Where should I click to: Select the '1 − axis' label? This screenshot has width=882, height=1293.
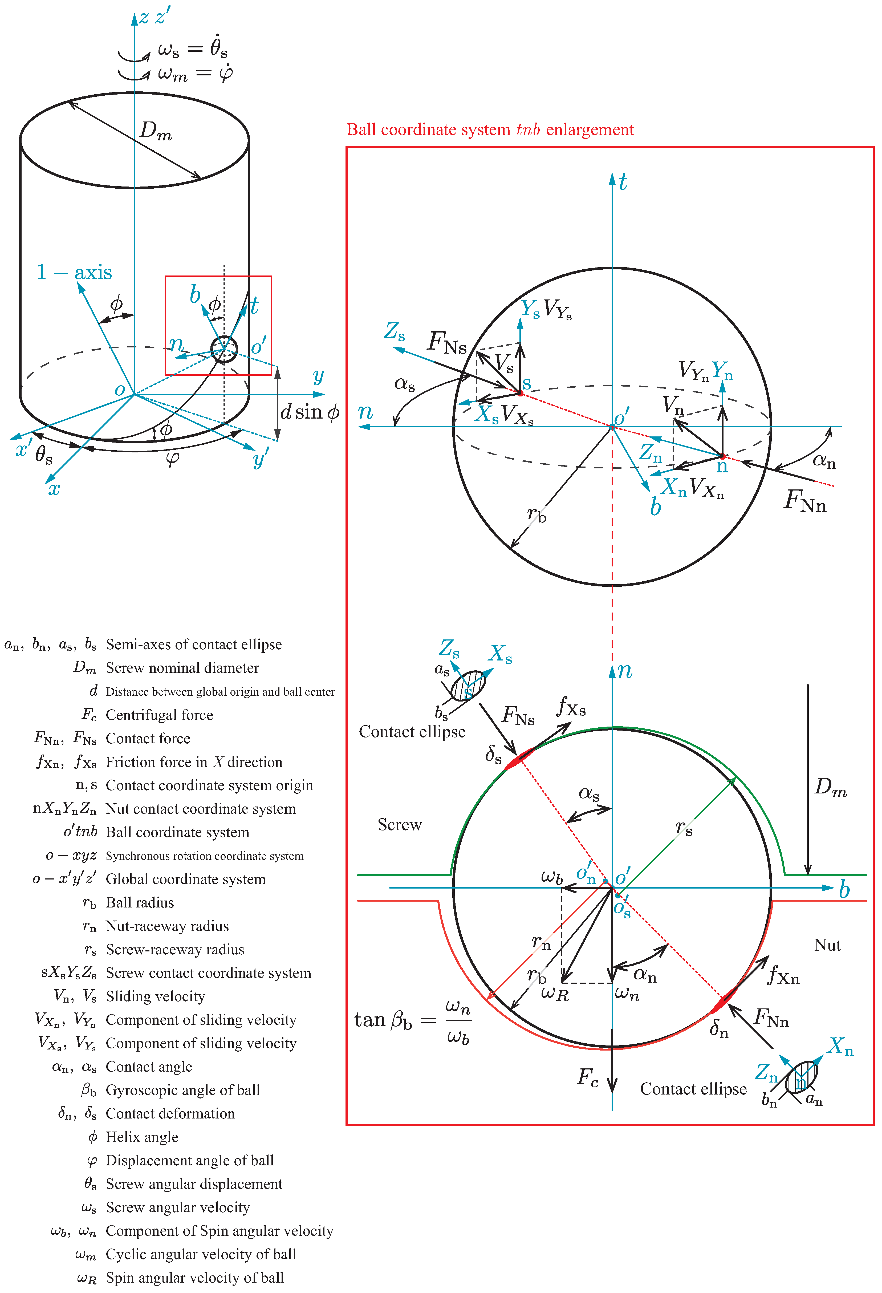click(x=74, y=273)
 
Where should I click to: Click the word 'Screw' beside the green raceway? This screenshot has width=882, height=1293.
click(x=399, y=825)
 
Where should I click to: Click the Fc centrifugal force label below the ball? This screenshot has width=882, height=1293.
click(x=587, y=1078)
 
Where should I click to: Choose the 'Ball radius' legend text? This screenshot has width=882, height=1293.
click(x=140, y=902)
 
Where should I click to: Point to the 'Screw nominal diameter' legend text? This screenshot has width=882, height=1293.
click(x=182, y=668)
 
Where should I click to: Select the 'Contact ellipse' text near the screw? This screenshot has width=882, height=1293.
click(x=412, y=732)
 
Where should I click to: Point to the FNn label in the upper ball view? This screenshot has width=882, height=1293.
click(x=805, y=501)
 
